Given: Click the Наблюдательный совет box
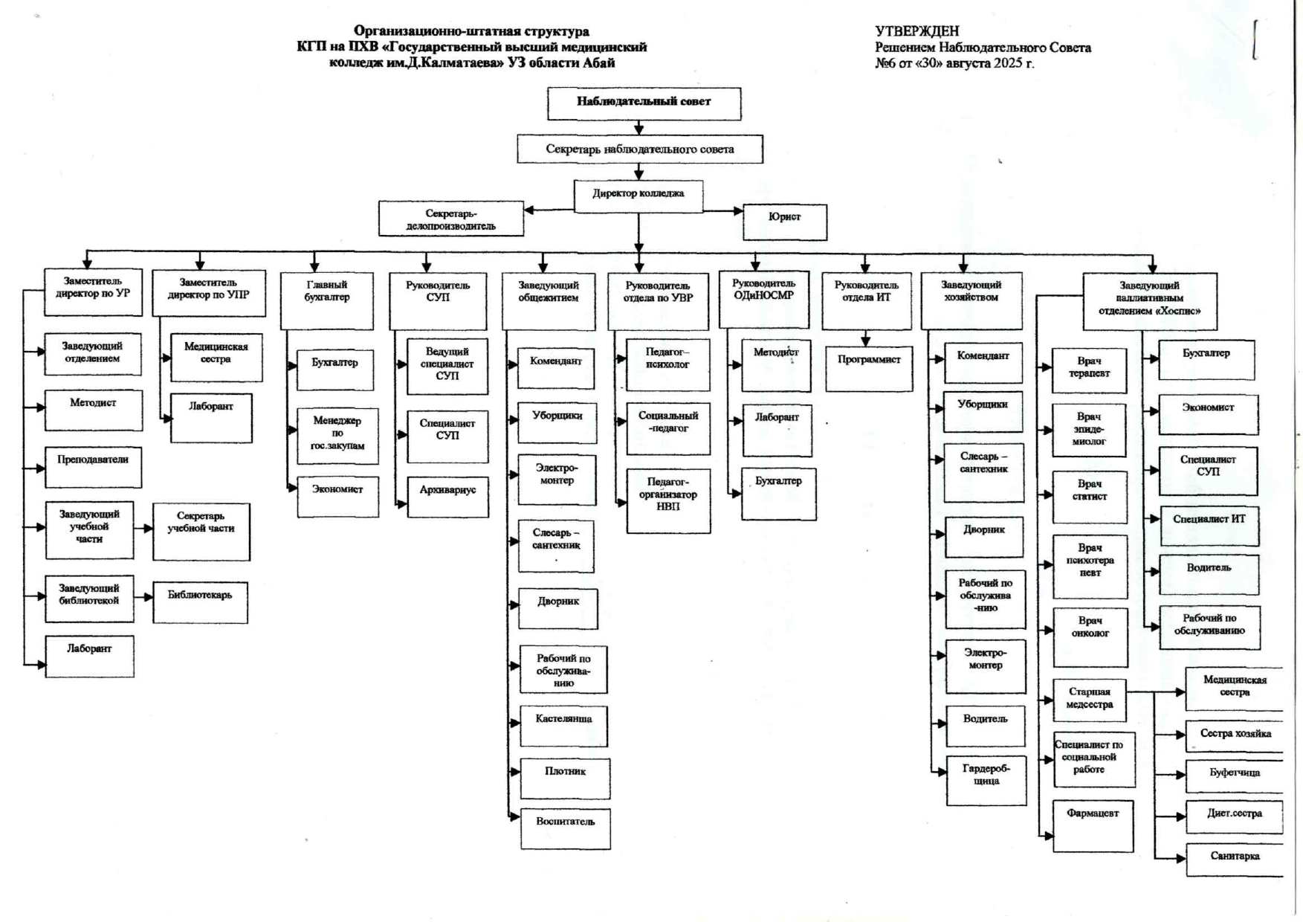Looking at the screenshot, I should coord(644,103).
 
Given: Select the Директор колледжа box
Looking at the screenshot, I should coord(638,196).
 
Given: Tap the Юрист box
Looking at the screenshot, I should coord(785,221).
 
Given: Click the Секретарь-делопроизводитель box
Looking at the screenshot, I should coord(450,219).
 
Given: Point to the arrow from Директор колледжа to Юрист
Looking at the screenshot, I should coord(723,211).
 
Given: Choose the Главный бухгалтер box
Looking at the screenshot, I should coord(326,300).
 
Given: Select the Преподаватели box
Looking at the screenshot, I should coord(93,467).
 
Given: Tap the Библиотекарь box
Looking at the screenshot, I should coord(200,602).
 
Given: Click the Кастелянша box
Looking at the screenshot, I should coord(563,726).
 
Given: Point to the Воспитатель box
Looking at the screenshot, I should coord(565,828).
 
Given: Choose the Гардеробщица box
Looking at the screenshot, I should coord(986,780).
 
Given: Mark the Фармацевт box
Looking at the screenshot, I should coord(1093,825).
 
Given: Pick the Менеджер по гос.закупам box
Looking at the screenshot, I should coord(337,436).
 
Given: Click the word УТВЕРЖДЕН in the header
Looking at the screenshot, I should coord(916,31).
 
